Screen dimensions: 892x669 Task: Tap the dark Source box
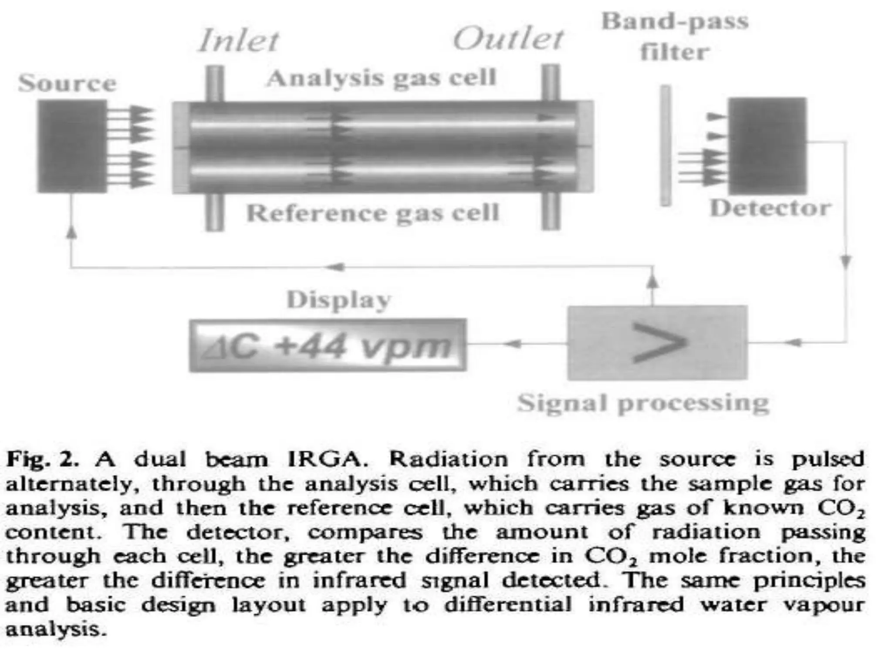tap(72, 146)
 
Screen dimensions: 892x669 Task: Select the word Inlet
tap(239, 41)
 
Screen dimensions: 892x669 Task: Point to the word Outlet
tap(508, 39)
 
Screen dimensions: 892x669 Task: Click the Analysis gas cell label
tap(382, 79)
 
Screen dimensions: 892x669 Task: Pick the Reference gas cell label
tap(373, 213)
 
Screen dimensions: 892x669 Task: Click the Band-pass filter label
tap(675, 37)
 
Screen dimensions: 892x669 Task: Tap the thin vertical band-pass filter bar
tap(665, 145)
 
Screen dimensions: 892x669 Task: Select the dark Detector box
tap(767, 146)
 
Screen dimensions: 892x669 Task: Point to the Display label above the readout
tap(339, 301)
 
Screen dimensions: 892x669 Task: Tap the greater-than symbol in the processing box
tap(658, 343)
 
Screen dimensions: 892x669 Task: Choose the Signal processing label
tap(643, 403)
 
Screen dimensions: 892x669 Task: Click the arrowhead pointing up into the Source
tap(71, 233)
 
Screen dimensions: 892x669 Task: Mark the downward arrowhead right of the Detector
tap(845, 262)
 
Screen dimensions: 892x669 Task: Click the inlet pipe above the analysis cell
tap(214, 84)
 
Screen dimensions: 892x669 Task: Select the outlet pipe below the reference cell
tap(550, 211)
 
